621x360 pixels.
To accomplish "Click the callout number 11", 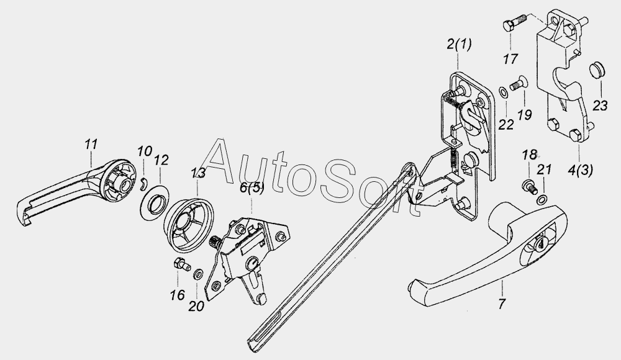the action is tap(91, 144).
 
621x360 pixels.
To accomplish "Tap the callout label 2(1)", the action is tap(459, 44).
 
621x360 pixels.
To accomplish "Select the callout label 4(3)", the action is tap(580, 170).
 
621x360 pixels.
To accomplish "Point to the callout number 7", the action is tap(502, 304).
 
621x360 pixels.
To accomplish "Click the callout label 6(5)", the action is tap(252, 187).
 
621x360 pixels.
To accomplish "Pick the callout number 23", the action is tap(600, 106).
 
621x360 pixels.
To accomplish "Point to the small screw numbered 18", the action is tap(528, 186).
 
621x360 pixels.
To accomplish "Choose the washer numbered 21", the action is tap(542, 199).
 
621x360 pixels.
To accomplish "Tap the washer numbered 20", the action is tap(197, 274).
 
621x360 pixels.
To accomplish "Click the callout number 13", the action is tap(198, 173).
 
